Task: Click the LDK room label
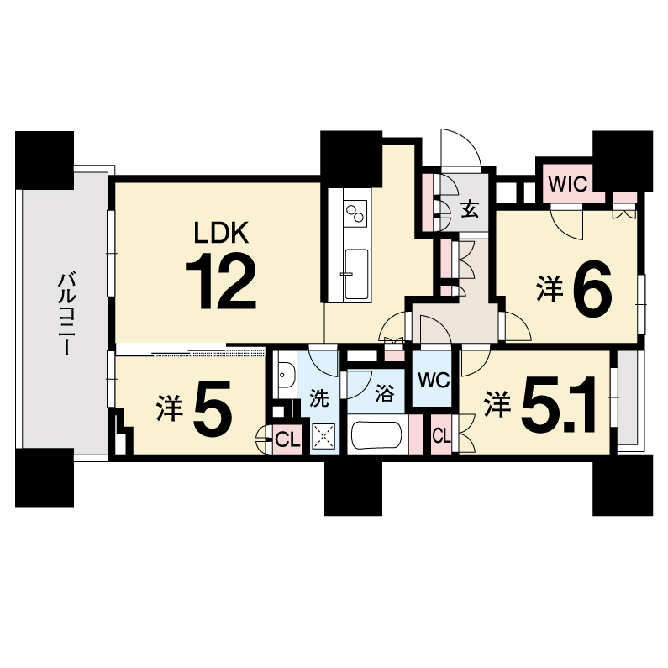(221, 233)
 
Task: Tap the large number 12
(221, 281)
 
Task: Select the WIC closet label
(568, 185)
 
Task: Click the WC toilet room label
(434, 381)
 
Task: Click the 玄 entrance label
(470, 210)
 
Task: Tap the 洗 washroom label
(319, 398)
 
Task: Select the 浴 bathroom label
(385, 393)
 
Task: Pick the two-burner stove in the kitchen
(355, 214)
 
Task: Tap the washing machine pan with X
(323, 436)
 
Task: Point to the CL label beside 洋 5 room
(287, 439)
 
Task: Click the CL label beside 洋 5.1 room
(441, 436)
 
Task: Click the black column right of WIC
(623, 160)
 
